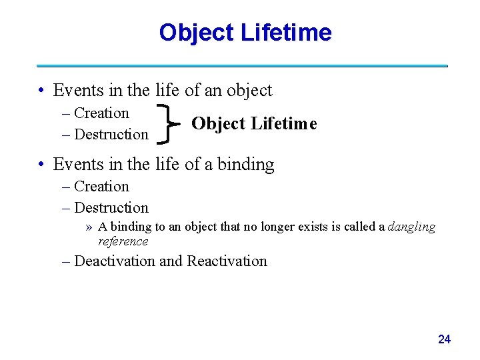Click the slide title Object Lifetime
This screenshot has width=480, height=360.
[x=245, y=32]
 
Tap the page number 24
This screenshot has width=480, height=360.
[x=444, y=339]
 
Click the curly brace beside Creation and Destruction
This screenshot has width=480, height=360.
[x=169, y=123]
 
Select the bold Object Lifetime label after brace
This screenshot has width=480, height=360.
[x=254, y=123]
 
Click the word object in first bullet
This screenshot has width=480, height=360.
[x=248, y=91]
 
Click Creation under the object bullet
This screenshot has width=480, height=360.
[x=101, y=113]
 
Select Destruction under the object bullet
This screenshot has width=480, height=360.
[x=111, y=134]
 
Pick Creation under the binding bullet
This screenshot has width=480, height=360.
[x=101, y=186]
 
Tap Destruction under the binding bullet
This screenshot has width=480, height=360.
[x=111, y=207]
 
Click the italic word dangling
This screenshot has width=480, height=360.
[x=411, y=227]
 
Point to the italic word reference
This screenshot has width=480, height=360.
[x=123, y=241]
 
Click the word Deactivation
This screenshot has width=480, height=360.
[x=115, y=261]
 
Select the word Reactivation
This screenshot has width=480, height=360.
[x=227, y=261]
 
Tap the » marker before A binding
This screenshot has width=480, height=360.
[x=89, y=227]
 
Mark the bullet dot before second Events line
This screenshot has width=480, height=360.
[x=41, y=165]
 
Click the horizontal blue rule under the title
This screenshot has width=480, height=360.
[x=242, y=66]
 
